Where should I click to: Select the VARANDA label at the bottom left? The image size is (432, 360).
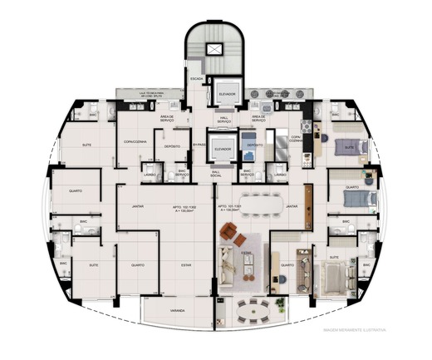[178, 312]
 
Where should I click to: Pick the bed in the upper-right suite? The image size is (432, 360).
[347, 148]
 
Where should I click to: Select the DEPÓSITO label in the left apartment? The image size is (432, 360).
[173, 146]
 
